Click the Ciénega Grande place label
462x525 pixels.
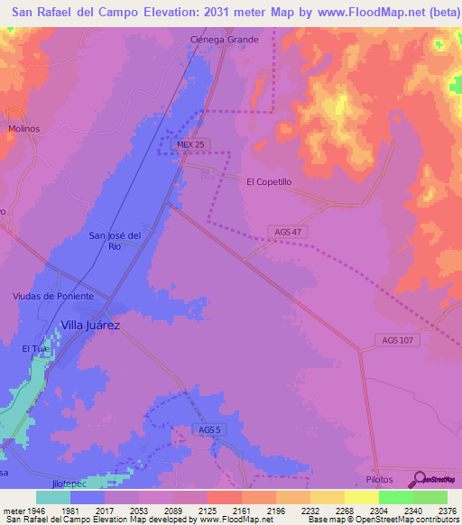pyautogui.click(x=225, y=40)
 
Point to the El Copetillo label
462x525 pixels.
pyautogui.click(x=269, y=181)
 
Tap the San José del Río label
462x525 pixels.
pyautogui.click(x=115, y=241)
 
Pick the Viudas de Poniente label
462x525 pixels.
pyautogui.click(x=53, y=296)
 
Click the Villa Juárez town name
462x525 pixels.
pyautogui.click(x=90, y=325)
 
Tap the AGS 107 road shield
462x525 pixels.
pyautogui.click(x=397, y=340)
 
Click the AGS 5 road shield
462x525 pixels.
pyautogui.click(x=208, y=429)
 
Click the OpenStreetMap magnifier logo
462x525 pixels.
pyautogui.click(x=418, y=479)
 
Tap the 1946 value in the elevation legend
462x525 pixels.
pyautogui.click(x=36, y=511)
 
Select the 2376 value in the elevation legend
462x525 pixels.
pyautogui.click(x=445, y=511)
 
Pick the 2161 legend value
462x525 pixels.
pyautogui.click(x=240, y=511)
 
